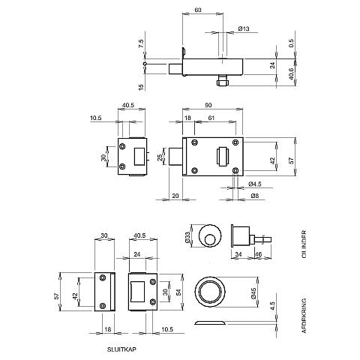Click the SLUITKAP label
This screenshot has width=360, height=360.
[x=121, y=349]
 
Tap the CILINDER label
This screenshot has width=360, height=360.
[x=304, y=244]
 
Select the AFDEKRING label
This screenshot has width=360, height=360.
[x=304, y=316]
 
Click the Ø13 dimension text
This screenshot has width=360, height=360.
[x=244, y=28]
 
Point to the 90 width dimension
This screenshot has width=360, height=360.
[x=208, y=105]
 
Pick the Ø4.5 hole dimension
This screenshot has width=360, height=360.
[x=255, y=184]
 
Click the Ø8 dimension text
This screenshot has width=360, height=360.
[x=254, y=196]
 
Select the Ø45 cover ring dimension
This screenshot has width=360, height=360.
[x=253, y=293]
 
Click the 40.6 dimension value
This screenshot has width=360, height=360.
[x=292, y=74]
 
